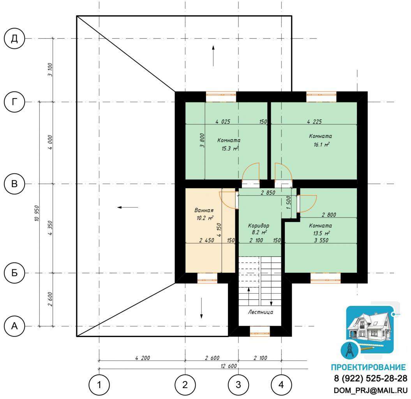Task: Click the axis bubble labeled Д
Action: pos(14,39)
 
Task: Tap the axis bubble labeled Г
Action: pos(14,102)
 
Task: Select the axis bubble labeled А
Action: pos(14,326)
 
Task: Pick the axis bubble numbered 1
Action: pos(99,385)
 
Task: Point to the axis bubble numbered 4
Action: pos(281,385)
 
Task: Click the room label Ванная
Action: pos(204,210)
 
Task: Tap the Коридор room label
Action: pos(258,226)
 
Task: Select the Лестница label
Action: pos(261,312)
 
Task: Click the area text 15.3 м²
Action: pos(230,148)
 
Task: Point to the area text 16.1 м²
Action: pos(321,145)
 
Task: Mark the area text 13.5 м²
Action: pos(321,233)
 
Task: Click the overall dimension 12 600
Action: pos(229,366)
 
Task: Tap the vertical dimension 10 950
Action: pos(37,214)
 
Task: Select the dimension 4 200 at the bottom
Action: pos(143,358)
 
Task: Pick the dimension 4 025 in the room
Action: pos(223,122)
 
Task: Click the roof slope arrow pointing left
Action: pos(128,207)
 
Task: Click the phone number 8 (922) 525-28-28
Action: pos(370,378)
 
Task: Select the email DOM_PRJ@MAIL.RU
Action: pos(370,390)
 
